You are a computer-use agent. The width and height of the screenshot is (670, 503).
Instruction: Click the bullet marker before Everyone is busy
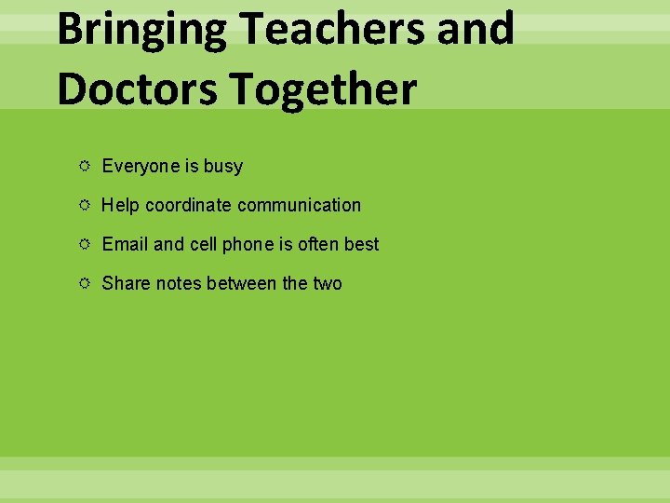85,166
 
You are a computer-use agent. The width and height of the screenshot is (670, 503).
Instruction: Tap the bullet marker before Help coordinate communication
85,205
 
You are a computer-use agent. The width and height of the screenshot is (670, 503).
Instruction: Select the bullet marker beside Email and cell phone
85,244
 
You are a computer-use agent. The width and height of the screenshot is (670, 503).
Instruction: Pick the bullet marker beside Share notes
85,283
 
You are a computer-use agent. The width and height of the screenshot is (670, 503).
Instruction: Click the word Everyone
141,167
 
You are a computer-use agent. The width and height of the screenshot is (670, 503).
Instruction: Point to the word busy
223,167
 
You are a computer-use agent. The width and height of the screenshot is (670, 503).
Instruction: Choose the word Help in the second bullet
120,205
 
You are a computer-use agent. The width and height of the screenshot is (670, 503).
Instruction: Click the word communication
299,205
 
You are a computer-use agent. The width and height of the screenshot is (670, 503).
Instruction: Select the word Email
125,244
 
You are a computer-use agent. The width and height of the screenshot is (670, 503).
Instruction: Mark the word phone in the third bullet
247,244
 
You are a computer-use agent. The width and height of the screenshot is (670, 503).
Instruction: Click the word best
362,244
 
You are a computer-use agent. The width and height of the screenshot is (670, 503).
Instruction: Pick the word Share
126,283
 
